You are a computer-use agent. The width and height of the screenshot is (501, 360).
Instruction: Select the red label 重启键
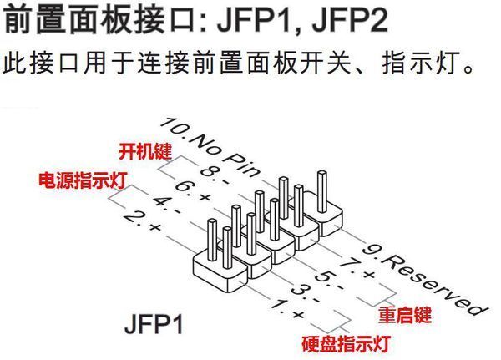click(404, 317)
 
